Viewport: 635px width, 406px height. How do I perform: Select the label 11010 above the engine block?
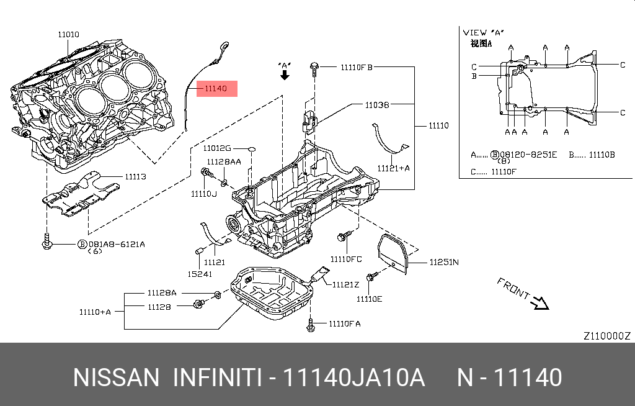[68, 35]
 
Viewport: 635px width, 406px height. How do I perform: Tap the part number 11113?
[135, 177]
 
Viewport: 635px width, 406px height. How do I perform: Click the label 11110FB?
[355, 66]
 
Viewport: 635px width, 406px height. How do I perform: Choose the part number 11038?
[376, 106]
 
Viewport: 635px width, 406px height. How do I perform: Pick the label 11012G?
[216, 148]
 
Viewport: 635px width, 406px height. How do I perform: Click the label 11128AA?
[224, 161]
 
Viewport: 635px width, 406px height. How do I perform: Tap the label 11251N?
[444, 262]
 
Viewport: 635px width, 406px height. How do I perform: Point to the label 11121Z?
[345, 285]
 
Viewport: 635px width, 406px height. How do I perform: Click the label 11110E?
[369, 299]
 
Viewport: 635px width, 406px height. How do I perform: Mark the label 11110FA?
[344, 323]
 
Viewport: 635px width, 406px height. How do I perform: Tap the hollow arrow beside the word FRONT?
[540, 302]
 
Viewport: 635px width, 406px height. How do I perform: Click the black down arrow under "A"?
[285, 75]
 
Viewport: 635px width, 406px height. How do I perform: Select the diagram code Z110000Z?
[606, 336]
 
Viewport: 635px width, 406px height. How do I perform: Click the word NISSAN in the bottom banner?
[116, 377]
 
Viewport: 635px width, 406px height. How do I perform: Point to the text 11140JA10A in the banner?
[353, 377]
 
